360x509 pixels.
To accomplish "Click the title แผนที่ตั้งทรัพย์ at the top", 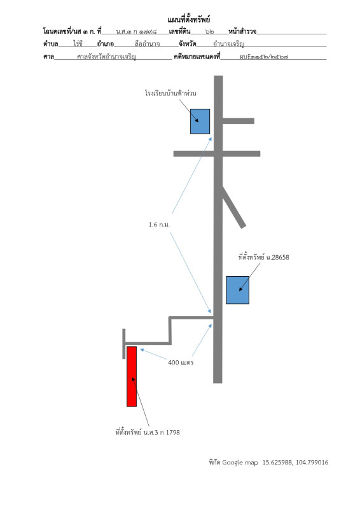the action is (189, 20).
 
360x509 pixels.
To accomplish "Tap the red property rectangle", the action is (132, 376).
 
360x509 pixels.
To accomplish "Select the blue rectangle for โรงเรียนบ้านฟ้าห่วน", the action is (200, 122).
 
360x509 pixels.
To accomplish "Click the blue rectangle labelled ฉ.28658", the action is (238, 290).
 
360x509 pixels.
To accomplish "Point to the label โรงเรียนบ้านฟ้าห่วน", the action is (170, 93).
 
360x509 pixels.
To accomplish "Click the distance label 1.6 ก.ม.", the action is (159, 225).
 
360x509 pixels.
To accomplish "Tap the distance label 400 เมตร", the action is (181, 362).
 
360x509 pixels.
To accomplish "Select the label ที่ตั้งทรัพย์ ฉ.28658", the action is (263, 257).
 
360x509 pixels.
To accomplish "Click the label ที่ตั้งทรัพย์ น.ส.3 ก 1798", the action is (148, 433).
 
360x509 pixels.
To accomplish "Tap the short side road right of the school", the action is (239, 121).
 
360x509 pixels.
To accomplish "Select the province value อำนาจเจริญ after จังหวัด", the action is (228, 44).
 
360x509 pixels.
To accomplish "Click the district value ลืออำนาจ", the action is (147, 44).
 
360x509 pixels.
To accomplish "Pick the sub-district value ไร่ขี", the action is (78, 43).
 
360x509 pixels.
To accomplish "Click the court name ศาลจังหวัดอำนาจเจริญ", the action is (106, 57).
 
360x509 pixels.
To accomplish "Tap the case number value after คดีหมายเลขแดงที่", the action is (263, 57).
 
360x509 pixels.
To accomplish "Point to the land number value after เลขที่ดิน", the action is (210, 32).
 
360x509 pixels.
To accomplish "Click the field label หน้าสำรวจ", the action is (242, 31).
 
